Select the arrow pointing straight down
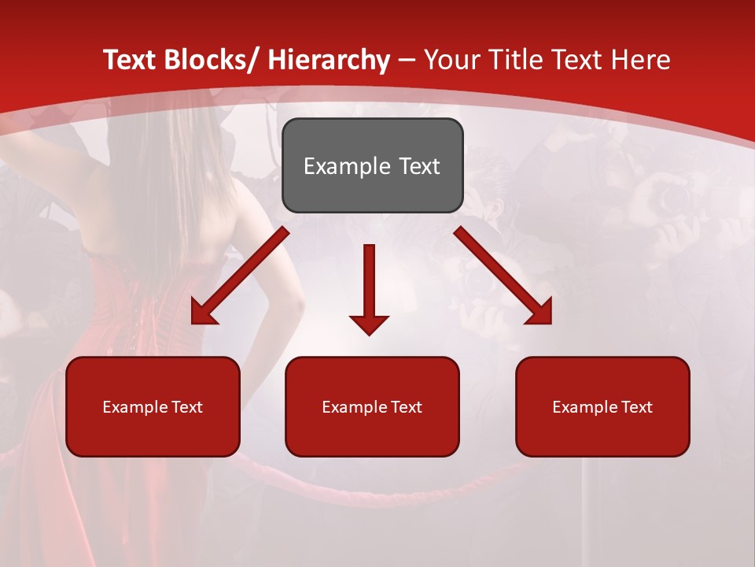click(x=369, y=283)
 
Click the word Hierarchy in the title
click(x=329, y=60)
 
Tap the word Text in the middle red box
click(x=407, y=407)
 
